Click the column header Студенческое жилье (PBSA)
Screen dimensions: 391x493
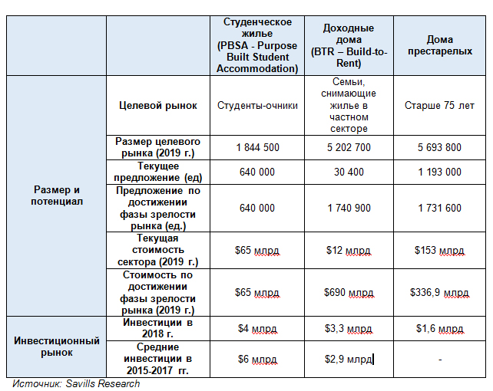tap(257, 45)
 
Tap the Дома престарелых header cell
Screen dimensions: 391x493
tap(440, 45)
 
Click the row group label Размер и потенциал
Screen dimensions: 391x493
tap(56, 195)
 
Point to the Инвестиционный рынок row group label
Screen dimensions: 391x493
tap(56, 346)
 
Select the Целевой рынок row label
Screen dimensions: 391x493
tap(158, 106)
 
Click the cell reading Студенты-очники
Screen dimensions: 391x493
tap(257, 106)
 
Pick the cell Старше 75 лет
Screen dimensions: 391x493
tap(440, 106)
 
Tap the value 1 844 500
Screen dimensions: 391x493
tap(257, 147)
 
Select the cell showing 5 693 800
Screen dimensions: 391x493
tap(440, 147)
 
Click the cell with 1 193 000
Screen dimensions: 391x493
tap(440, 172)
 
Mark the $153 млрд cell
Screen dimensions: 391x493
tap(440, 250)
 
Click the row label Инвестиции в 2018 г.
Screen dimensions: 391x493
tap(158, 328)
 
